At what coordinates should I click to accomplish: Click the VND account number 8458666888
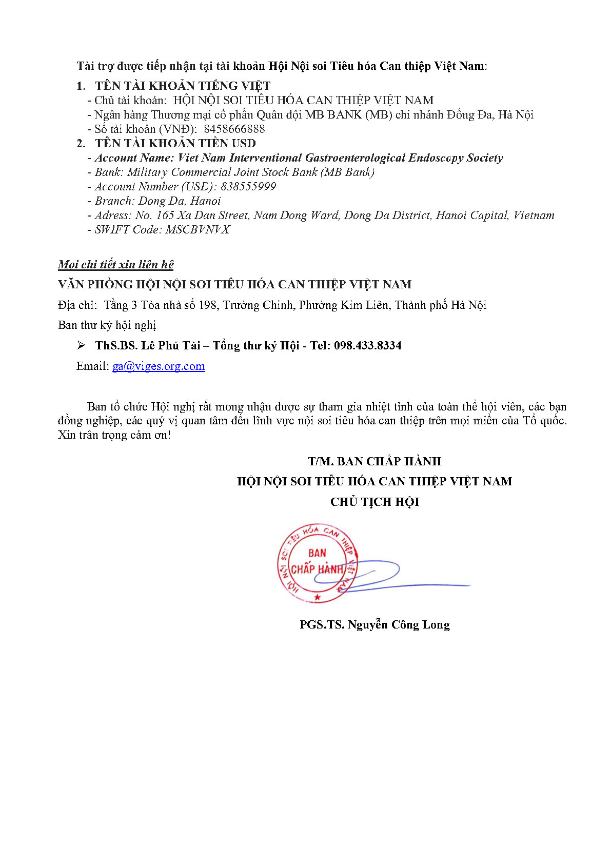coord(234,129)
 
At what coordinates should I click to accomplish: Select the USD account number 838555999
coord(248,186)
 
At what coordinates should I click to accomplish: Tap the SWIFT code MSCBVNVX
coord(198,229)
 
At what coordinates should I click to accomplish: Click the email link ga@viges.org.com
coord(159,366)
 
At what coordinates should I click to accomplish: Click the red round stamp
coord(317,563)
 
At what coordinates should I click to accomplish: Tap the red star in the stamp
coord(318,597)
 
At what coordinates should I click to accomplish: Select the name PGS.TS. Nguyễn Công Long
coord(375,624)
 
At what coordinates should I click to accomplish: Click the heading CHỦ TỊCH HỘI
coord(375,502)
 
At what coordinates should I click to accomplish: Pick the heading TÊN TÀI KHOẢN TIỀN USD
coord(175,143)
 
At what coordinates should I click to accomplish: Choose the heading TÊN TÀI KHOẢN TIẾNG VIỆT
coord(183,86)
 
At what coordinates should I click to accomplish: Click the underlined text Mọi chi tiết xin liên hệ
coord(115,264)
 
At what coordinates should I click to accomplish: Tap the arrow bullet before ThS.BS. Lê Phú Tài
coord(81,345)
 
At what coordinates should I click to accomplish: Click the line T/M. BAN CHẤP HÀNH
coord(375,461)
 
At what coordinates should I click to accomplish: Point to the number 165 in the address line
coord(165,215)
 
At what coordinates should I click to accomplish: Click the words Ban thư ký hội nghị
coord(107,325)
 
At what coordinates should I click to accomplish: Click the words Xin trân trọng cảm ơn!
coord(114,435)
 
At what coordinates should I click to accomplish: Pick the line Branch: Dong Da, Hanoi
coord(157,201)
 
